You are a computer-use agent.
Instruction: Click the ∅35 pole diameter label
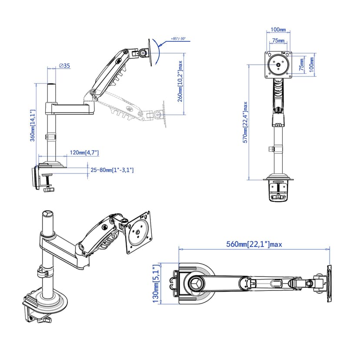(x=64, y=66)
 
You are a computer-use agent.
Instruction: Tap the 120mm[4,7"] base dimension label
(x=84, y=153)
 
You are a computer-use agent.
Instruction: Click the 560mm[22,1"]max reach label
(x=254, y=244)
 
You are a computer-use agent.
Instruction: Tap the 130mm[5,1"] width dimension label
(x=156, y=284)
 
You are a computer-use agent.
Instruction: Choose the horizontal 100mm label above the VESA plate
(x=278, y=30)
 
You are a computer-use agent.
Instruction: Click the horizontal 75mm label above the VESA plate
(x=278, y=41)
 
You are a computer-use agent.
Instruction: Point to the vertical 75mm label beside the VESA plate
(x=301, y=65)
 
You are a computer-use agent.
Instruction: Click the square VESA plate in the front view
(x=278, y=65)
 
